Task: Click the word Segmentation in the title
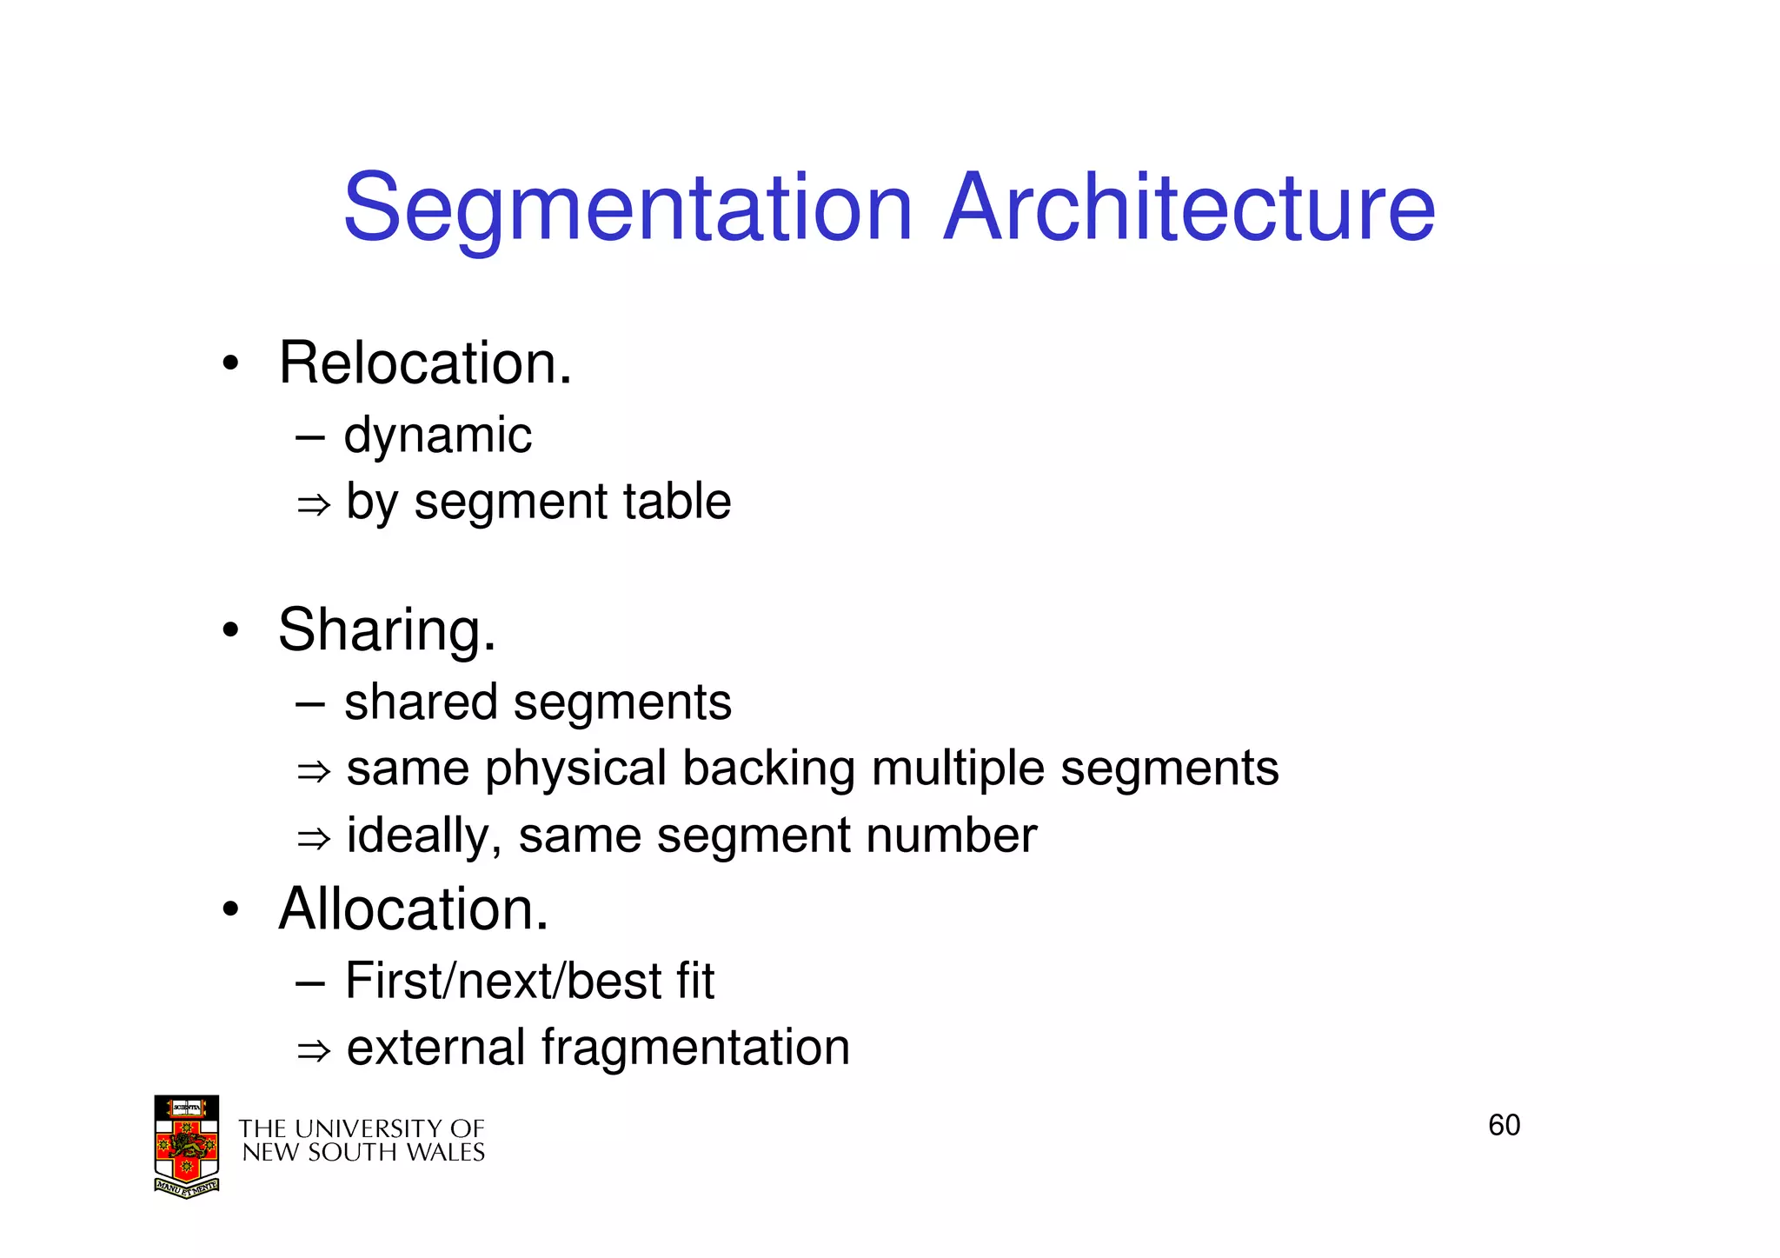coord(628,209)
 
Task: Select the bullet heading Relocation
coord(425,363)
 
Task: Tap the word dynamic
coord(437,436)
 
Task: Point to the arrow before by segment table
coord(314,504)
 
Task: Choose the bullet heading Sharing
coord(387,629)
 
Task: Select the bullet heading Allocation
coord(413,909)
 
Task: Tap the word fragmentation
coord(695,1048)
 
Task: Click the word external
coord(435,1048)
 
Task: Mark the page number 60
coord(1504,1126)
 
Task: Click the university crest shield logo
coord(186,1147)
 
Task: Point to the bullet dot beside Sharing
coord(229,630)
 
